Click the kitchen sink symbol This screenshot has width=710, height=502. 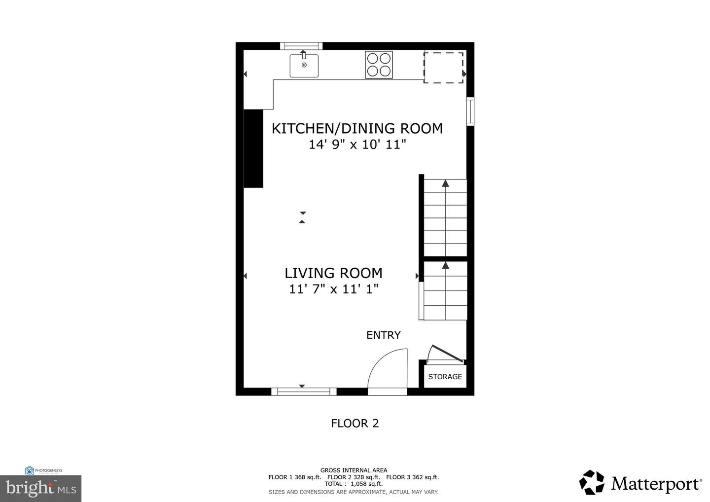tap(304, 66)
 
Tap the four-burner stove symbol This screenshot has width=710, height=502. tap(379, 65)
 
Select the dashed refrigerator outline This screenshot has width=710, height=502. tap(444, 68)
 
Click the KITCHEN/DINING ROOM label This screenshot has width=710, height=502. tap(357, 128)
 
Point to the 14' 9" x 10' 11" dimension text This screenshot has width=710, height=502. tap(357, 144)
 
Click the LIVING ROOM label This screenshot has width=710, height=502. tap(333, 273)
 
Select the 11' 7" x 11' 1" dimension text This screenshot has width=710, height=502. tap(333, 289)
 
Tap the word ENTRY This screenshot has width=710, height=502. tap(383, 335)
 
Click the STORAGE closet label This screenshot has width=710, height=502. tap(445, 377)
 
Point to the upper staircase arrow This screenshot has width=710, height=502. tap(445, 184)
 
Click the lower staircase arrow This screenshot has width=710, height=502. tap(445, 266)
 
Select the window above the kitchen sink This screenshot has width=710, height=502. tap(301, 46)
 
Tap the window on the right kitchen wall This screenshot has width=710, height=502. tap(470, 111)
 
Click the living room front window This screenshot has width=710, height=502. tap(304, 392)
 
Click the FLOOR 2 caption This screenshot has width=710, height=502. tap(355, 423)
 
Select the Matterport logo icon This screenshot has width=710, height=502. tap(592, 482)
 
